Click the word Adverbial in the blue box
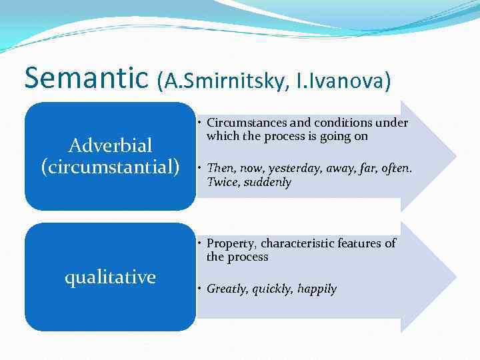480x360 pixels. tap(111, 145)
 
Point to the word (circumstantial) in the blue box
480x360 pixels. tap(111, 166)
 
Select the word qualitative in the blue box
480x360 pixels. tap(110, 277)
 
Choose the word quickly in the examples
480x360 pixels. tap(273, 289)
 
